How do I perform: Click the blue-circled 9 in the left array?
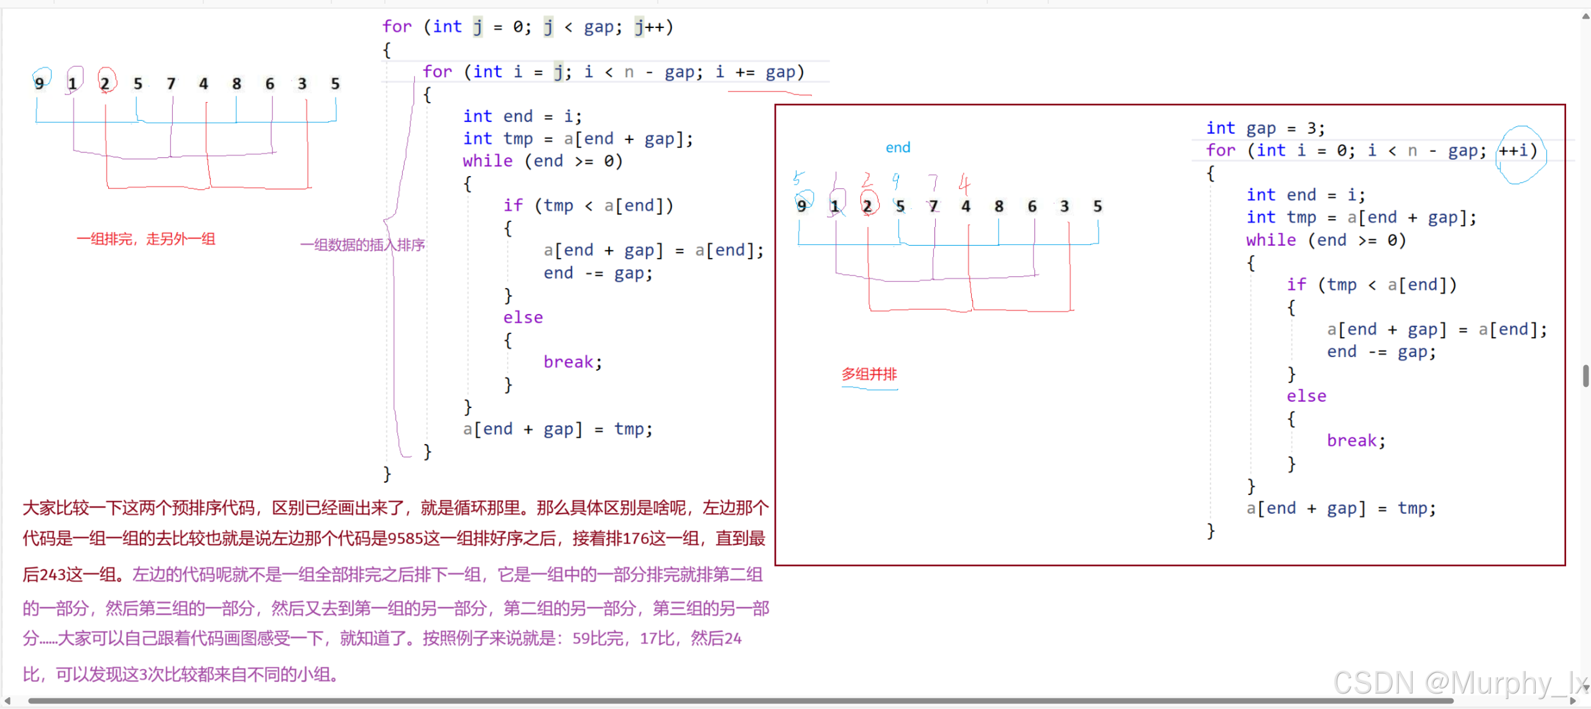click(40, 83)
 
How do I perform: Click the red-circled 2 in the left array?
click(105, 83)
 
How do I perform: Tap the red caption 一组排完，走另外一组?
click(146, 239)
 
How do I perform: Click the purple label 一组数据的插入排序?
click(362, 245)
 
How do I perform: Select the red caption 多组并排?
click(869, 374)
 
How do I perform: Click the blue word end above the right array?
click(898, 148)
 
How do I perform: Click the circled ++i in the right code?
click(1517, 151)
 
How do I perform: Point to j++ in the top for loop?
click(652, 27)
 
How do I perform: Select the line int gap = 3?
click(1265, 128)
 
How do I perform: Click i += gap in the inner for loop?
click(755, 72)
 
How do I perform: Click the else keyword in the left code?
click(523, 318)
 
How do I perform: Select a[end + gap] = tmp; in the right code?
click(1340, 509)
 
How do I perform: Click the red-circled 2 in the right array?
click(867, 206)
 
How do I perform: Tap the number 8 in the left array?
click(237, 83)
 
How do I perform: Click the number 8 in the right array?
click(999, 206)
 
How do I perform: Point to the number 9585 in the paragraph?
click(405, 539)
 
